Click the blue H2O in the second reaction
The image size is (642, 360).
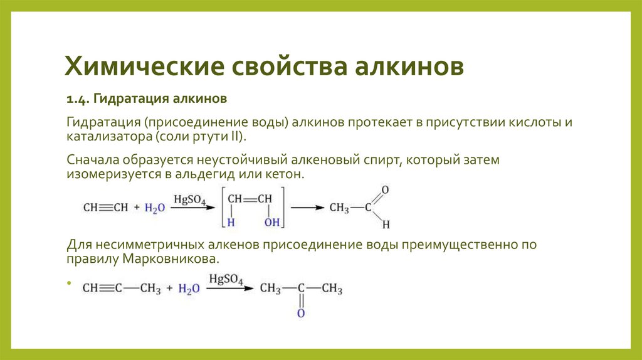click(189, 289)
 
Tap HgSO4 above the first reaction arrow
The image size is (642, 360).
click(191, 200)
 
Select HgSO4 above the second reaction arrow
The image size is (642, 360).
click(226, 280)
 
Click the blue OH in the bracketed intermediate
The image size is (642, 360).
click(271, 222)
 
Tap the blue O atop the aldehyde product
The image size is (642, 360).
click(384, 189)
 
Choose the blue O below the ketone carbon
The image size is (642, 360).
click(300, 312)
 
